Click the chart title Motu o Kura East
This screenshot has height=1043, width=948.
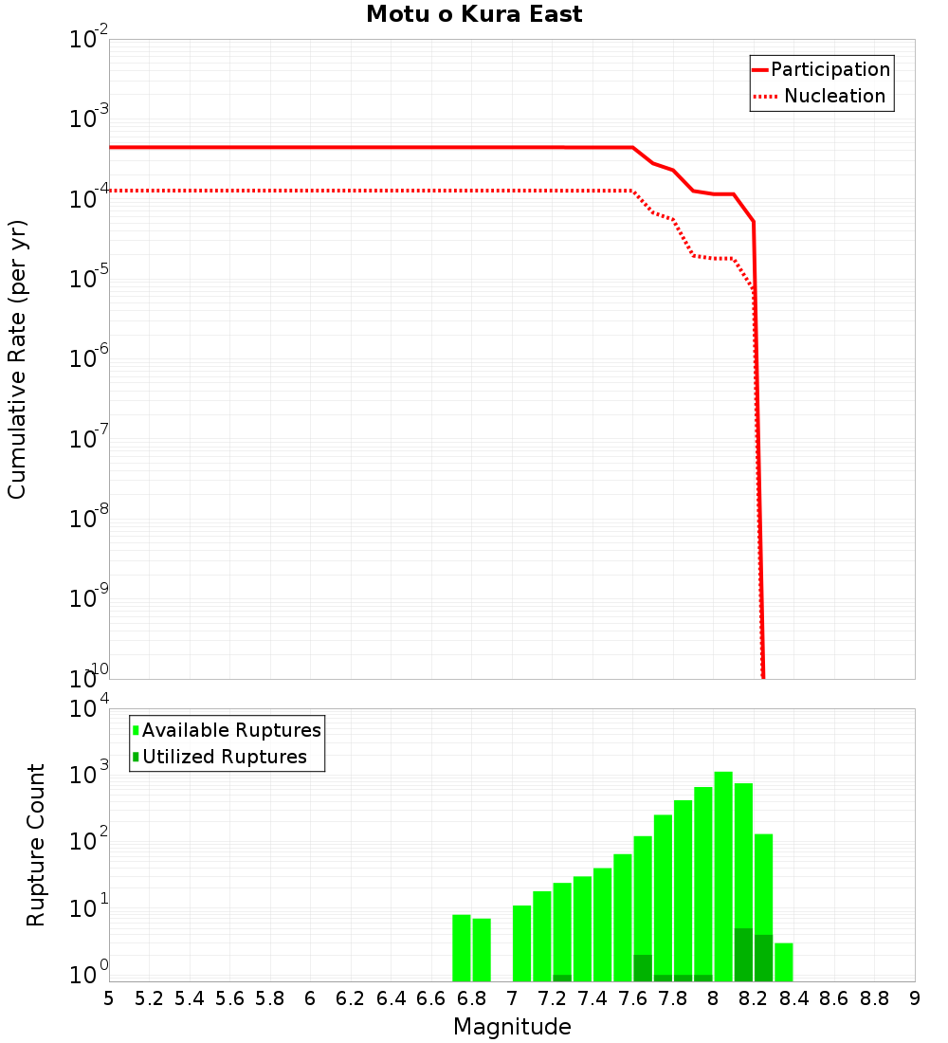(474, 15)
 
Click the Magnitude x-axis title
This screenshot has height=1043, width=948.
(512, 1027)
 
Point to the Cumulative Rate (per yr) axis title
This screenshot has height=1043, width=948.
(17, 359)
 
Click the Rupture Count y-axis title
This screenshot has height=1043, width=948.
(36, 845)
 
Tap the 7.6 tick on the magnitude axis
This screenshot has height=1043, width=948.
(633, 998)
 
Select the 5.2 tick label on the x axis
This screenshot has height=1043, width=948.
(150, 998)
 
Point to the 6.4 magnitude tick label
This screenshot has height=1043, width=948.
(392, 998)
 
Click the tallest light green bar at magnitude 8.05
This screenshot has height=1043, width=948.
(723, 872)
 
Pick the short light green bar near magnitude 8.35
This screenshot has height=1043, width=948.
(784, 961)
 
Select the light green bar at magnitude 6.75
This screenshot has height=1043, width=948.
(462, 947)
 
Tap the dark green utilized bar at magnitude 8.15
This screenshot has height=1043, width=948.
(743, 955)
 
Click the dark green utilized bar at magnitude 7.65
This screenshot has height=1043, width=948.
(643, 968)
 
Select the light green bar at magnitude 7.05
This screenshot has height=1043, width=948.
(521, 942)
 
